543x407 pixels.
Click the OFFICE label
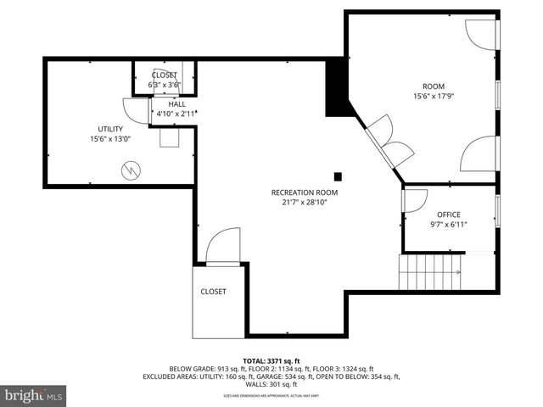[x=448, y=215]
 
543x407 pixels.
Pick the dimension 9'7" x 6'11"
[x=448, y=225]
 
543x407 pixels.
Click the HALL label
[x=176, y=103]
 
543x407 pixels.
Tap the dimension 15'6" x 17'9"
[x=434, y=96]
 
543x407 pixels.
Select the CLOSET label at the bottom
[x=213, y=291]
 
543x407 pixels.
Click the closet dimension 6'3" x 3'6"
[x=165, y=85]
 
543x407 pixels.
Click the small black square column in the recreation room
[x=338, y=176]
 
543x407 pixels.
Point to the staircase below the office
[x=431, y=272]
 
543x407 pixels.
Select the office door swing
[x=414, y=200]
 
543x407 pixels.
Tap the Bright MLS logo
[x=34, y=395]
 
